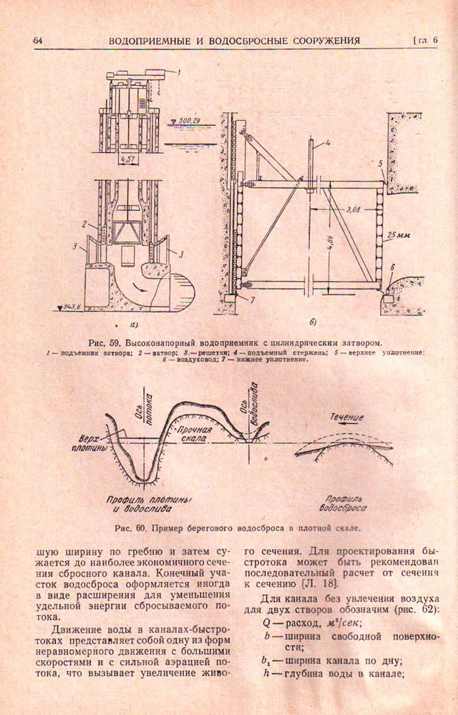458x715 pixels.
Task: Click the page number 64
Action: tap(38, 41)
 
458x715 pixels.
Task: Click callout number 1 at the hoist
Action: tap(180, 72)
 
